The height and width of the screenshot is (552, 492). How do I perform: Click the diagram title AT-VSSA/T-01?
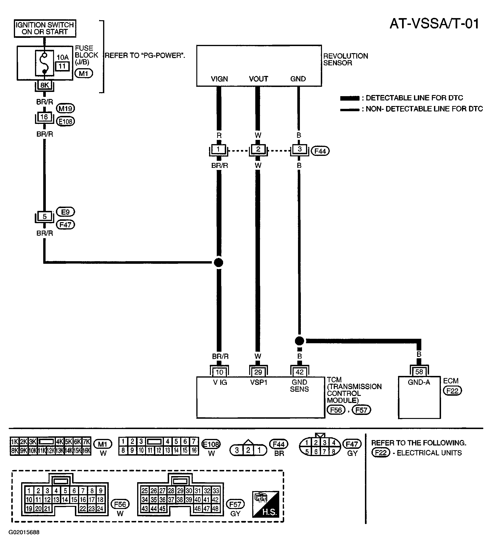[434, 24]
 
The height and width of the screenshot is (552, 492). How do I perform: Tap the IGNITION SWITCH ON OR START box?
[45, 28]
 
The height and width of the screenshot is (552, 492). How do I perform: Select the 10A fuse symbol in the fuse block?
[45, 63]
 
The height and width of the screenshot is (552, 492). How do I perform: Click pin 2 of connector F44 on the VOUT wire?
[258, 149]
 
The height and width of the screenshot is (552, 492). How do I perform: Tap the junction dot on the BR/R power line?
[218, 262]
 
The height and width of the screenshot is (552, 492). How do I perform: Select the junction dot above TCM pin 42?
[299, 341]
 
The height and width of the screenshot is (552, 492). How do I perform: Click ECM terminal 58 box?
[419, 372]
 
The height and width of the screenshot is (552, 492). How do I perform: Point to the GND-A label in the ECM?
[419, 382]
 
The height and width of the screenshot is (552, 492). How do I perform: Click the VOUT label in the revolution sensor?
[258, 79]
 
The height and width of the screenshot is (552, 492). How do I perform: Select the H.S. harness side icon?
[266, 504]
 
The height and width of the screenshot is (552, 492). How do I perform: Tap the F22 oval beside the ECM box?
[452, 391]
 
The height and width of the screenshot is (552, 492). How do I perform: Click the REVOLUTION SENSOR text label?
[345, 59]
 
